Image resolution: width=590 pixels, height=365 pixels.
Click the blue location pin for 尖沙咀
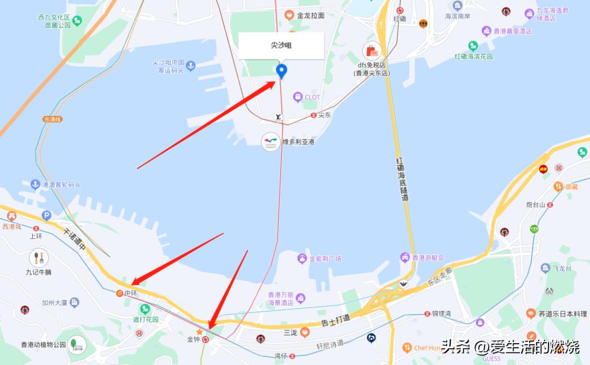coord(281,70)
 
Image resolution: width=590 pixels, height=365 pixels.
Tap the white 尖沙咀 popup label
coord(281,45)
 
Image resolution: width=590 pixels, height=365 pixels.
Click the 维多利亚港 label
coord(298,142)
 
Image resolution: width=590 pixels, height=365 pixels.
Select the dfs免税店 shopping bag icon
coord(372,51)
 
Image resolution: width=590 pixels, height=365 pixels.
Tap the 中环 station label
coord(131,293)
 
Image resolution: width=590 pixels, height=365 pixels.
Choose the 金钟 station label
coord(193,339)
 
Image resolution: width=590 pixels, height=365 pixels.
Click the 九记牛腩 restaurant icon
coord(39,257)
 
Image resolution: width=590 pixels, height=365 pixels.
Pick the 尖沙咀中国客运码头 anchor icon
coord(190,67)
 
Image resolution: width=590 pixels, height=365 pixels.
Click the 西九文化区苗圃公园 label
coord(54,21)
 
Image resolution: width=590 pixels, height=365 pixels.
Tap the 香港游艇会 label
coord(428,257)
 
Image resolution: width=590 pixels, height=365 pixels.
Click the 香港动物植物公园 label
coord(43,345)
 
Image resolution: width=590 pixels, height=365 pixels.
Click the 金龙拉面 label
coord(310,16)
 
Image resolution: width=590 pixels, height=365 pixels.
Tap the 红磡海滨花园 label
coord(474,56)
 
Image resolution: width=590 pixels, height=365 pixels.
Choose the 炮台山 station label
coord(535,205)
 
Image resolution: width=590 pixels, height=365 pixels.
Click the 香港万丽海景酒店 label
coord(280,299)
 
